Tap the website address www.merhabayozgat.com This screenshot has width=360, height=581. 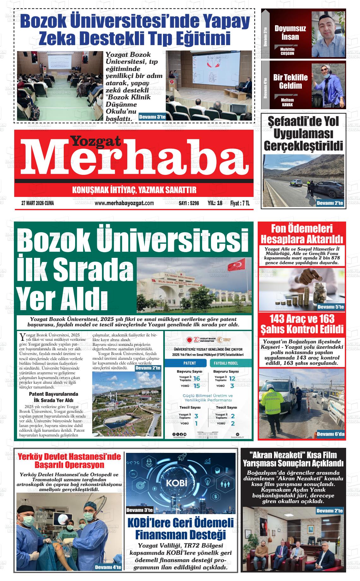[124, 203]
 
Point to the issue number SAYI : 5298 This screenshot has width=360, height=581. [189, 204]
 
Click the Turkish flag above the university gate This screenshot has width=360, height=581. [239, 264]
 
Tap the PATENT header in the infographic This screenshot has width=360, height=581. [189, 363]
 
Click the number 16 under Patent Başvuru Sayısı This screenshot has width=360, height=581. [197, 379]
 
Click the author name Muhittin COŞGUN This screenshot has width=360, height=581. [287, 51]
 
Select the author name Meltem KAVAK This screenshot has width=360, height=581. [287, 102]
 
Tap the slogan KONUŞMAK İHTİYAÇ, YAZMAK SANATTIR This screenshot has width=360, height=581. [134, 190]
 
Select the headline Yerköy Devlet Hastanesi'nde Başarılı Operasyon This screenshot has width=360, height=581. [69, 461]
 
